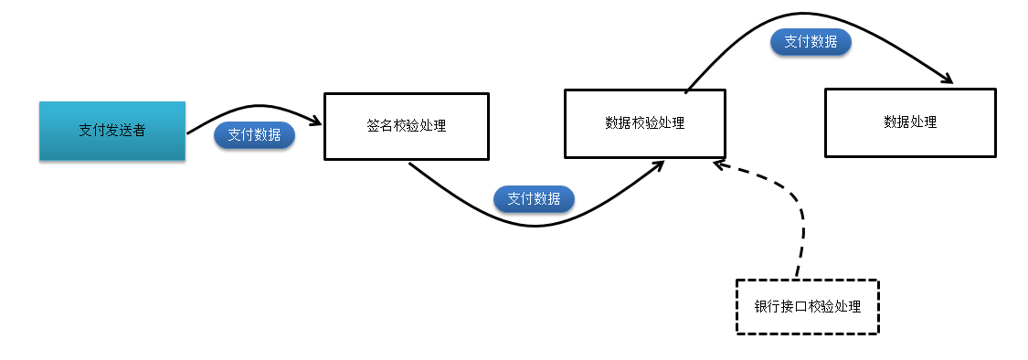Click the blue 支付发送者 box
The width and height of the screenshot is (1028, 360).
tap(111, 131)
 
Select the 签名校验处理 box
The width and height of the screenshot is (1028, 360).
tap(407, 126)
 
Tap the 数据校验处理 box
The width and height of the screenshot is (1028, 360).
tap(644, 122)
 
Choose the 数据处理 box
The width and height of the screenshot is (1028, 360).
tap(910, 122)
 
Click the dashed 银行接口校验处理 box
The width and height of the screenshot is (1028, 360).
tap(807, 307)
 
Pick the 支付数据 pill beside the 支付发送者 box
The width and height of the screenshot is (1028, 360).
tap(254, 135)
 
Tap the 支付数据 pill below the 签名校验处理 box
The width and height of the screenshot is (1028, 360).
tap(534, 198)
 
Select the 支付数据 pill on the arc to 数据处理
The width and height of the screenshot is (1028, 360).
tap(811, 42)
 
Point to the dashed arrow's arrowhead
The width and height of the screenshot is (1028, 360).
tap(719, 164)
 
